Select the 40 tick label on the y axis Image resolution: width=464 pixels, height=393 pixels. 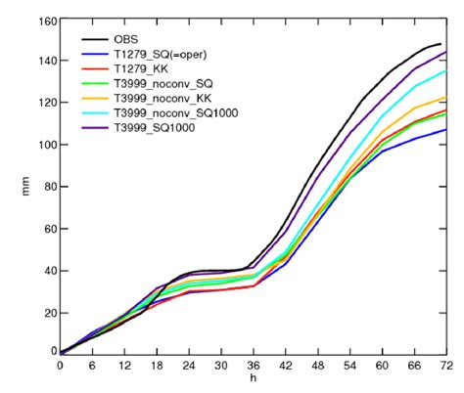coord(45,270)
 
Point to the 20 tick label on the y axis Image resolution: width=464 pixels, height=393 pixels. coord(45,312)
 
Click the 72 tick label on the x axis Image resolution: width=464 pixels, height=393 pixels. coord(446,366)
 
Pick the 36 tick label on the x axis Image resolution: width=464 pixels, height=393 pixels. coord(253,366)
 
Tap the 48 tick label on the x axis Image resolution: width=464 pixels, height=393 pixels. coord(317,366)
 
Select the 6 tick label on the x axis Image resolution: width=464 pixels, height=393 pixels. coord(92,366)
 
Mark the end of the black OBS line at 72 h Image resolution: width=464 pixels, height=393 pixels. coord(441,44)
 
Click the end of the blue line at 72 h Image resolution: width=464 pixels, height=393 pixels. coord(446,130)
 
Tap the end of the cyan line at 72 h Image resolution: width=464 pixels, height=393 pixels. coord(446,70)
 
